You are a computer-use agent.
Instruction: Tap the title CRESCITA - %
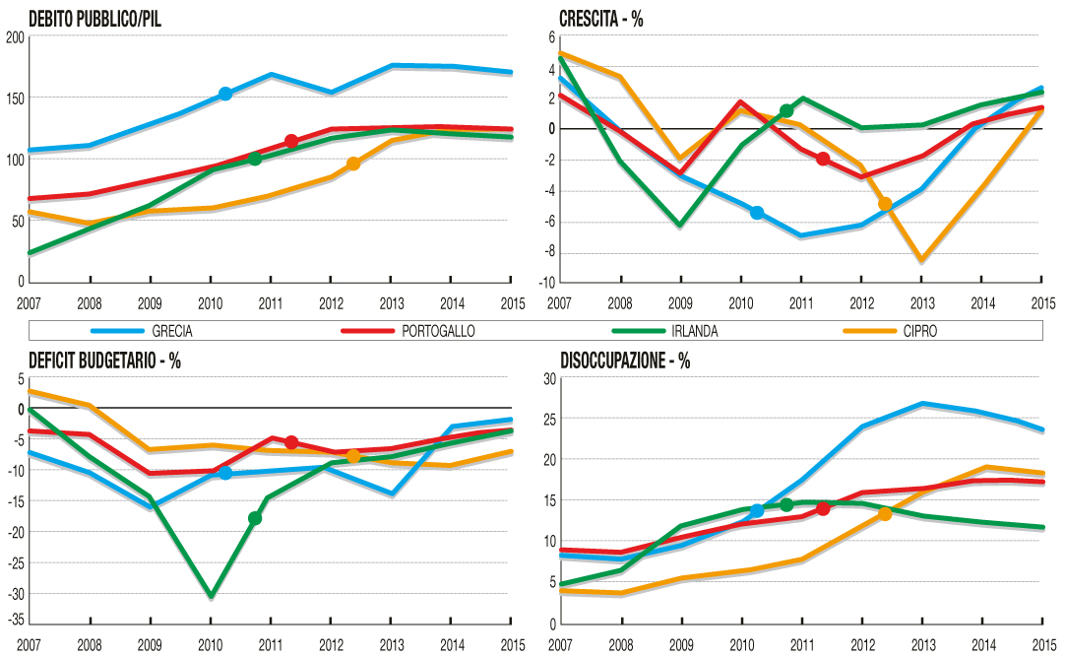pos(600,19)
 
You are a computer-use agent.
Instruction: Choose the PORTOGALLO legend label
pos(438,331)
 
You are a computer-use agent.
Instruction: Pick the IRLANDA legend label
pos(690,331)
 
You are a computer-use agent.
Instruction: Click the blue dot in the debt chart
pos(225,94)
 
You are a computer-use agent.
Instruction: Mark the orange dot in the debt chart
pos(353,164)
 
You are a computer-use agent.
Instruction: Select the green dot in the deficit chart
pos(255,518)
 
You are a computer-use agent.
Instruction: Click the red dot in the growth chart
pos(823,160)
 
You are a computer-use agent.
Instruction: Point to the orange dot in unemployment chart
pos(885,513)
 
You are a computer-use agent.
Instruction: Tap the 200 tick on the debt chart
pos(14,37)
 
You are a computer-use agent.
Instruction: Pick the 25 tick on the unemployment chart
pos(549,420)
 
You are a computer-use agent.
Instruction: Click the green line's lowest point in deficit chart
pos(211,596)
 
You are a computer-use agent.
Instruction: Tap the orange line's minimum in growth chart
pos(922,261)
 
